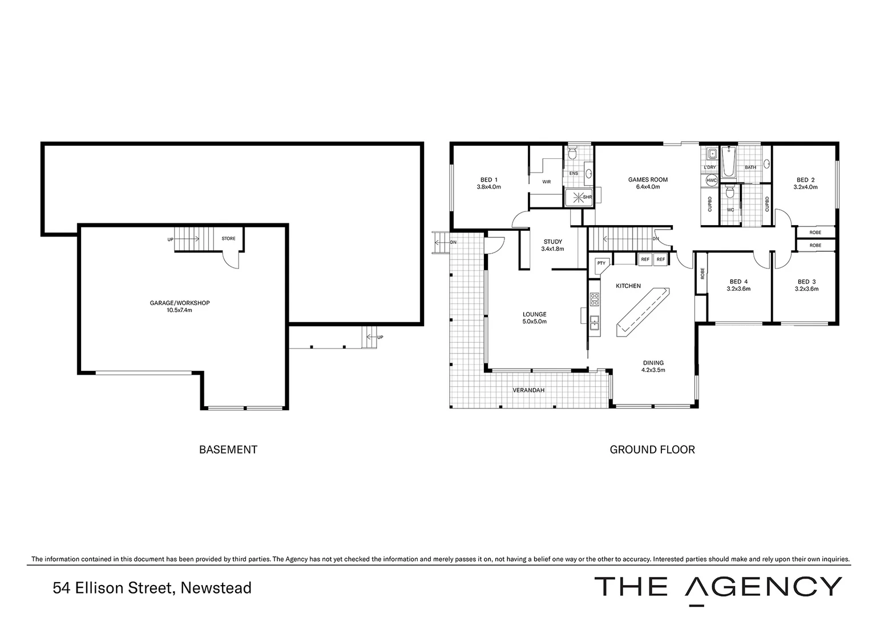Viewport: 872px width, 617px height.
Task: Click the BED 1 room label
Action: pos(489,183)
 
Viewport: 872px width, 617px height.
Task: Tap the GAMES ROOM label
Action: pos(648,183)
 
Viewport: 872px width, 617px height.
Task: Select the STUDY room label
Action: pos(552,245)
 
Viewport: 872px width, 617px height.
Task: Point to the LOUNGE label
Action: pos(535,318)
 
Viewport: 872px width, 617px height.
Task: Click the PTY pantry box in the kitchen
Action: pos(601,263)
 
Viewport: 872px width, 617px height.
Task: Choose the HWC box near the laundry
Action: pos(711,181)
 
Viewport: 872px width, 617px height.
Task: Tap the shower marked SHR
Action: pos(579,197)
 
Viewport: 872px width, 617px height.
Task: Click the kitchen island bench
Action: pos(642,311)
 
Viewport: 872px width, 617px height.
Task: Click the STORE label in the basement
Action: pos(228,239)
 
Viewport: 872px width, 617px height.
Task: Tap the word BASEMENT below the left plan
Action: pos(228,450)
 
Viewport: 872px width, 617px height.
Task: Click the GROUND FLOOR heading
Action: pos(652,450)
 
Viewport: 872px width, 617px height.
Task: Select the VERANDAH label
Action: pos(528,390)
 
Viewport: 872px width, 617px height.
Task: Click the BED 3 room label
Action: pos(806,285)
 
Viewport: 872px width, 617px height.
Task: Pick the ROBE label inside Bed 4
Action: pos(701,274)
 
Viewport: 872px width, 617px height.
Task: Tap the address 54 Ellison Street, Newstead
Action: pos(152,588)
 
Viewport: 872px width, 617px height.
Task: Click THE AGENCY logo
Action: pos(718,587)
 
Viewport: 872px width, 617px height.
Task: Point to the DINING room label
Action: pos(653,366)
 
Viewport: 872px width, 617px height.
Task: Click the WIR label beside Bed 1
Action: pos(546,182)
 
